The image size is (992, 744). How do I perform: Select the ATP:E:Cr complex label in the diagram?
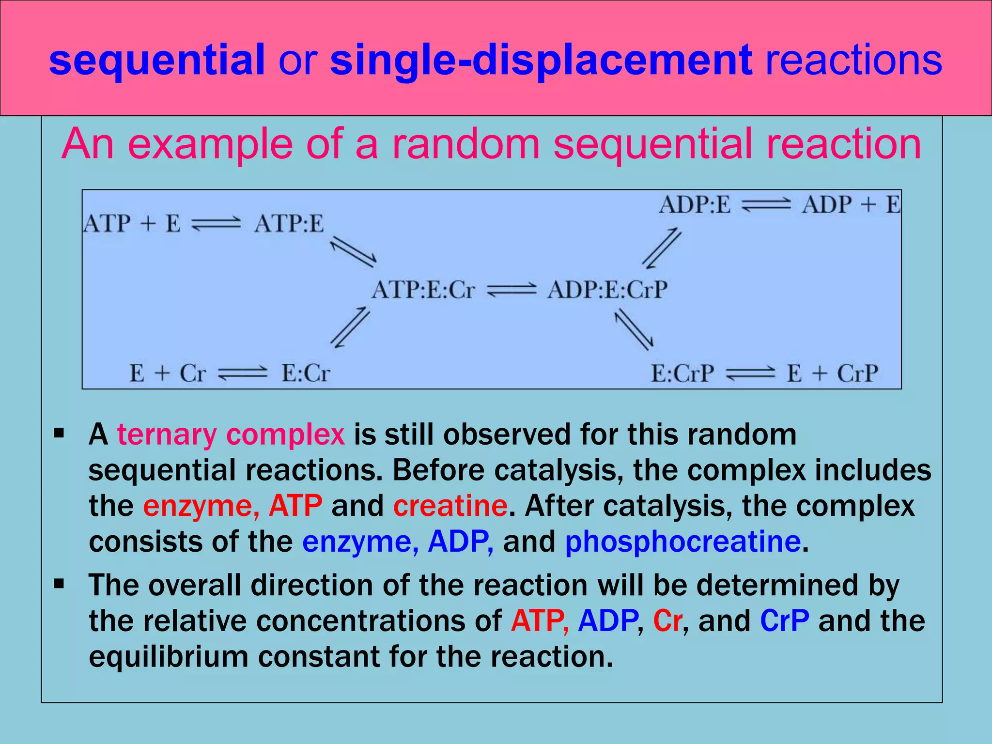click(423, 290)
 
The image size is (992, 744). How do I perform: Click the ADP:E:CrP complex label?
click(607, 290)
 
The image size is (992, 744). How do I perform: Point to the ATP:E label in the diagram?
click(289, 224)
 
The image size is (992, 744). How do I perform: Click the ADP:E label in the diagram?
click(695, 204)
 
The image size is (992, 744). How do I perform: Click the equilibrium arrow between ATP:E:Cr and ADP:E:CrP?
click(511, 290)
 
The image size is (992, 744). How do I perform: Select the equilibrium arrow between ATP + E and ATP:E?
click(216, 224)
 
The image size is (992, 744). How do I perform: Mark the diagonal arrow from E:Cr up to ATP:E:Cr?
click(350, 328)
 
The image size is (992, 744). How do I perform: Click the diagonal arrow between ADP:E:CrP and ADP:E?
click(662, 248)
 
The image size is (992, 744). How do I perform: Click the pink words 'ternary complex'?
click(231, 434)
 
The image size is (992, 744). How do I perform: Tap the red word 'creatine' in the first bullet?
click(450, 506)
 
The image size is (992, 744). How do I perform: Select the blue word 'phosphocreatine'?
click(682, 542)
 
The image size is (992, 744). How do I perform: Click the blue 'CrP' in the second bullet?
click(784, 620)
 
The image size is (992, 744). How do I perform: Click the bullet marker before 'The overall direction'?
click(59, 584)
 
